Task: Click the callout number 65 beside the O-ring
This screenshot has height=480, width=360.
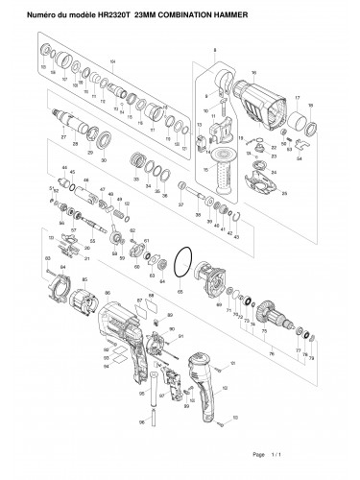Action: click(179, 287)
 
